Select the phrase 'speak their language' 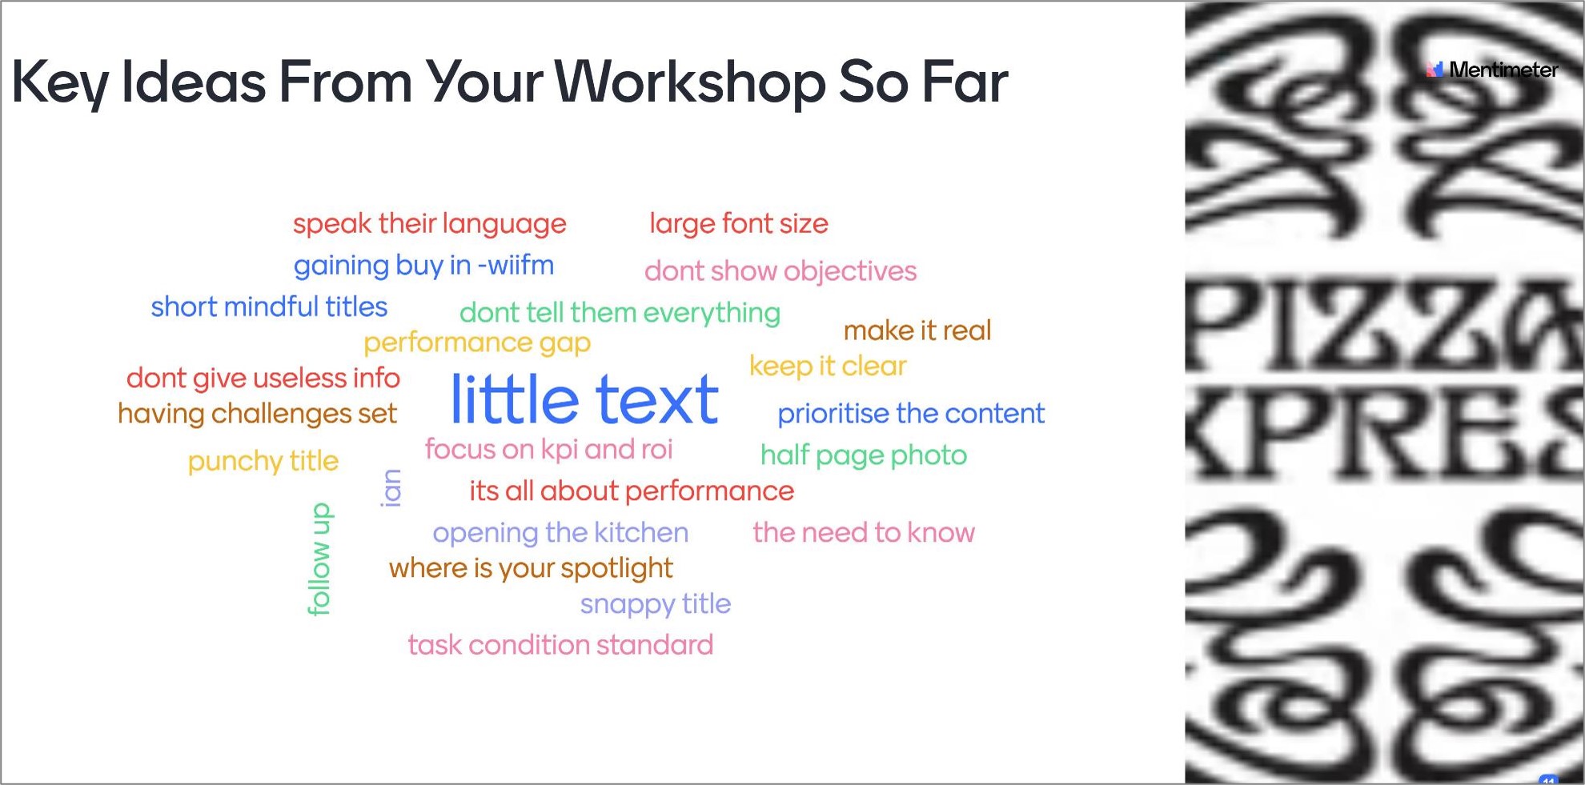coord(429,224)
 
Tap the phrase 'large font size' coord(739,224)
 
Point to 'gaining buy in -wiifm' coord(423,266)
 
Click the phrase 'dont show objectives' coord(780,271)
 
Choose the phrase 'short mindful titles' coord(269,306)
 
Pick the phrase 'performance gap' coord(477,343)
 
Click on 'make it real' coord(917,330)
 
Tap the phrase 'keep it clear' coord(828,366)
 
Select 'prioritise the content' coord(911,414)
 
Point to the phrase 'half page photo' coord(864,455)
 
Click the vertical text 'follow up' coord(319,559)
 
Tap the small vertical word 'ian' coord(391,488)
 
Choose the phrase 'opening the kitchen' coord(560,533)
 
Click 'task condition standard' coord(560,645)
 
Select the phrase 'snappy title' coord(656,604)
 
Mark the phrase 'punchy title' coord(263,462)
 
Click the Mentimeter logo coord(1492,70)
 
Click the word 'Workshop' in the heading coord(689,83)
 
